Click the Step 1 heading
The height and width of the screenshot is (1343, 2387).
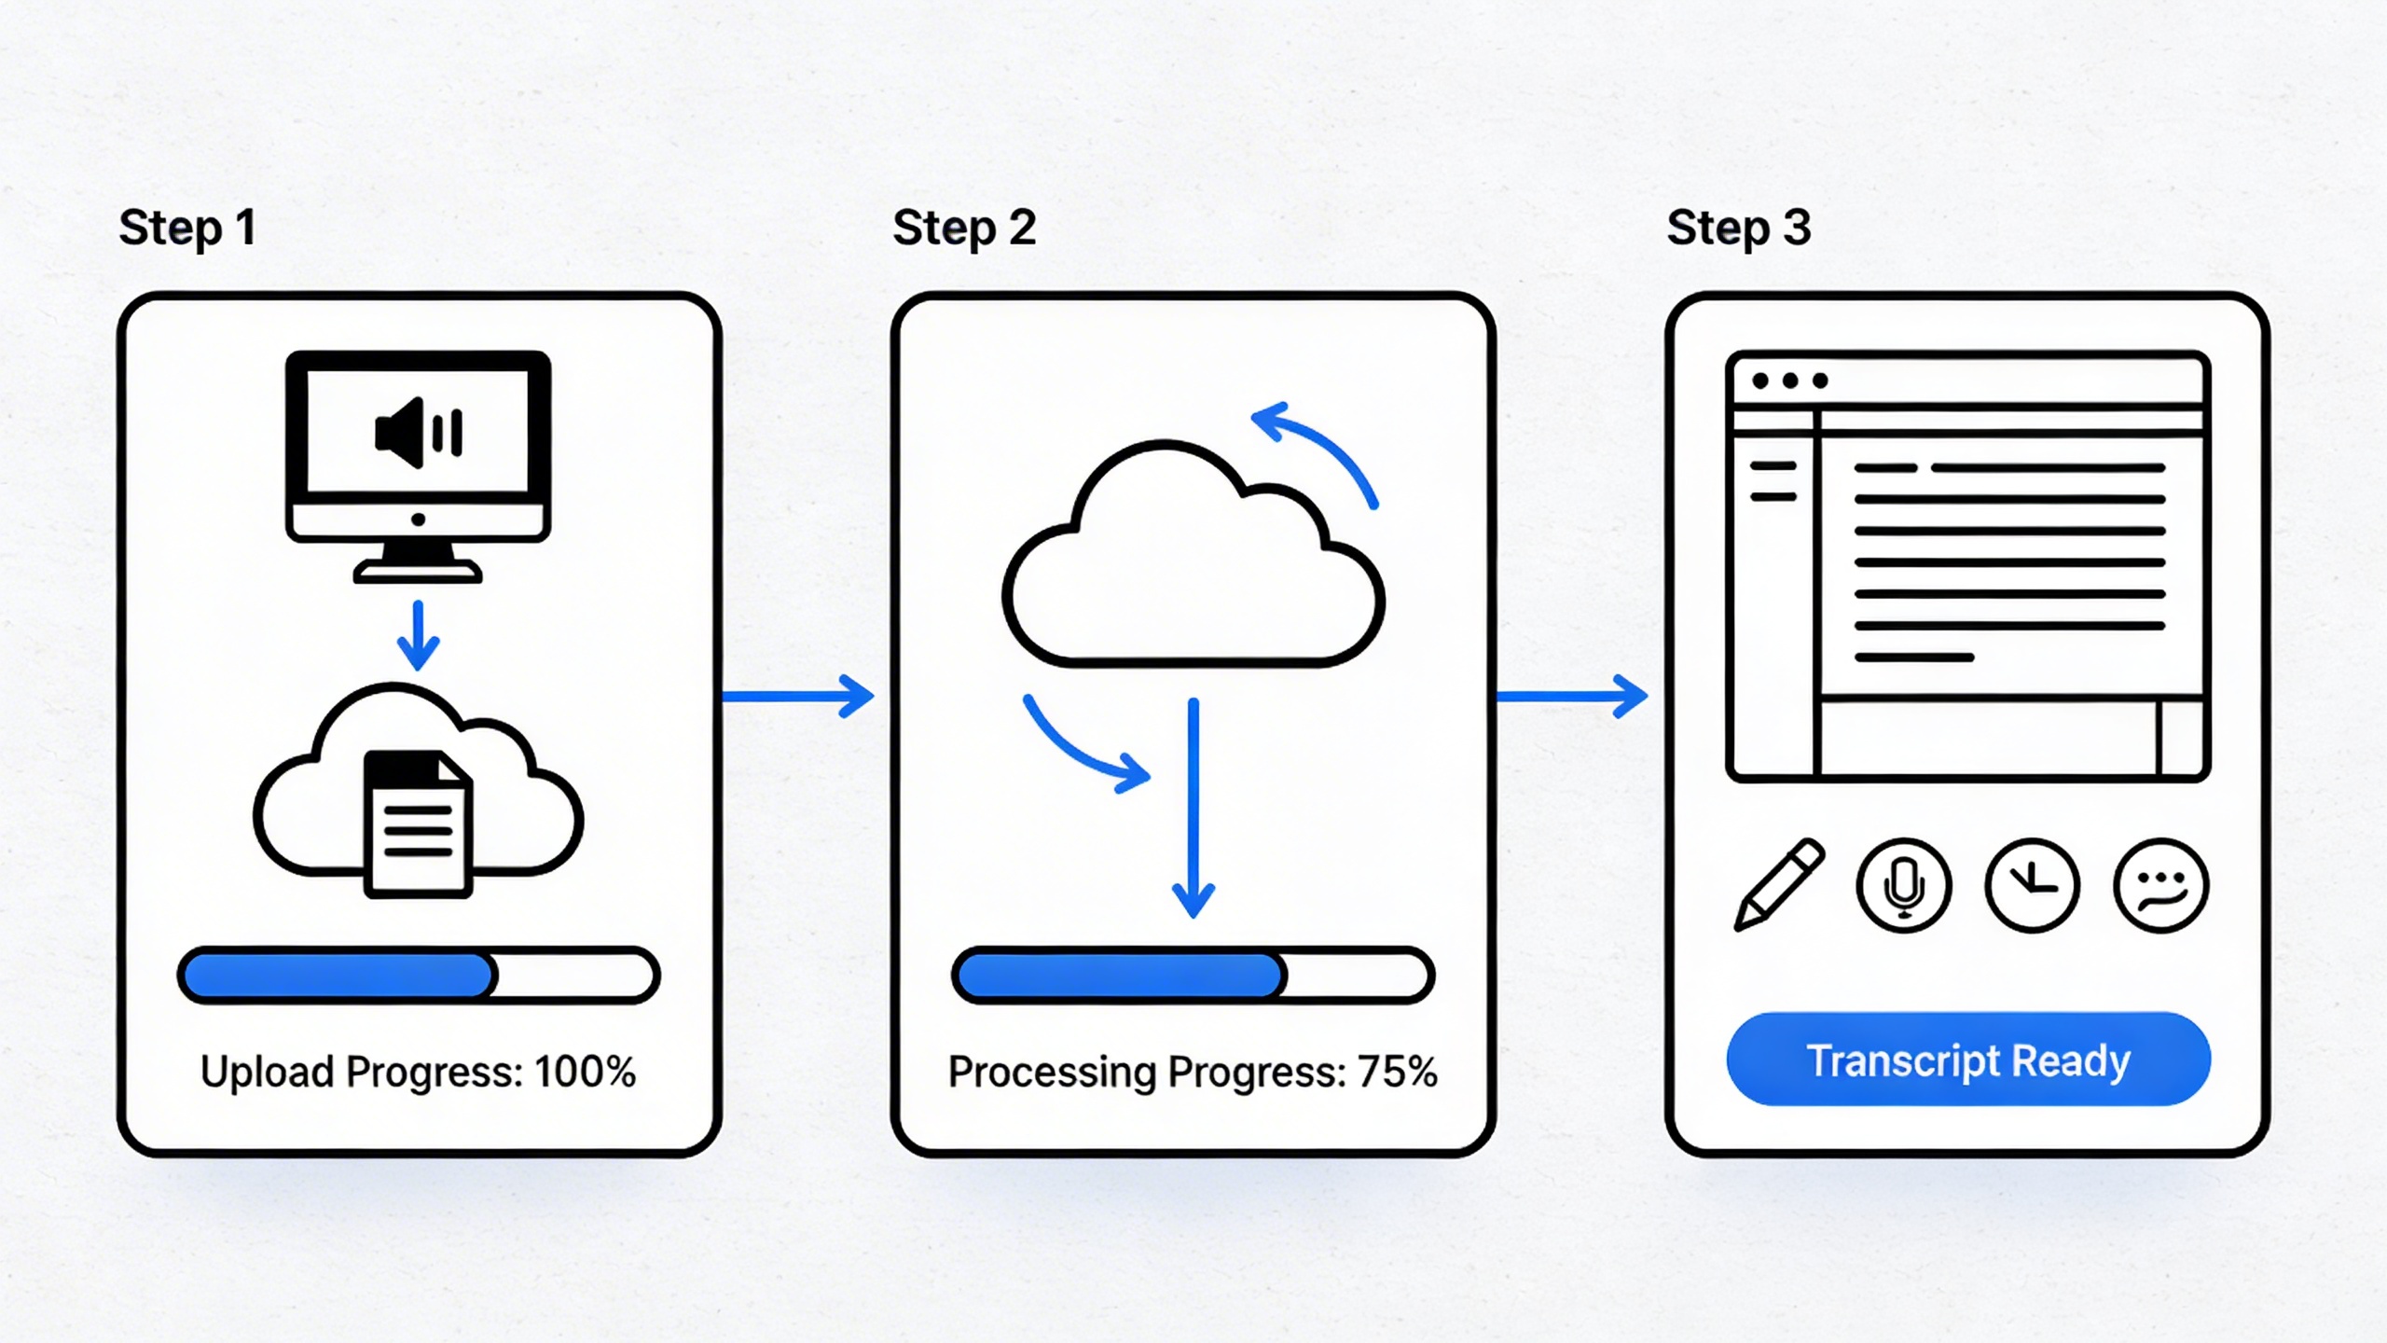click(187, 228)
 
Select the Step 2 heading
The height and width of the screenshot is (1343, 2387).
click(964, 228)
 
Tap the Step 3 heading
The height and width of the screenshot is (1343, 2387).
click(1739, 228)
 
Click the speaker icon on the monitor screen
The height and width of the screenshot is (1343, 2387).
click(418, 433)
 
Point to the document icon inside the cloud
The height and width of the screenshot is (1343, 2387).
click(418, 823)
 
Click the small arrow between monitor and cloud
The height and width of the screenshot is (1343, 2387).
click(418, 636)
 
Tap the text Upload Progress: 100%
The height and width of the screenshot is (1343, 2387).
click(418, 1072)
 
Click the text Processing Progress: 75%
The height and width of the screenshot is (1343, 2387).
click(1193, 1072)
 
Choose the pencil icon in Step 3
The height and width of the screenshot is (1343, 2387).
click(1779, 884)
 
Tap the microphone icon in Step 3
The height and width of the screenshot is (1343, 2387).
click(1904, 885)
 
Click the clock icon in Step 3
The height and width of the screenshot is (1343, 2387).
click(2033, 885)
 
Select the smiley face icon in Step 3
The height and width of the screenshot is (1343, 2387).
click(2161, 885)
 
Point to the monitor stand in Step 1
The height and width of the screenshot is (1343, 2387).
click(418, 563)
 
